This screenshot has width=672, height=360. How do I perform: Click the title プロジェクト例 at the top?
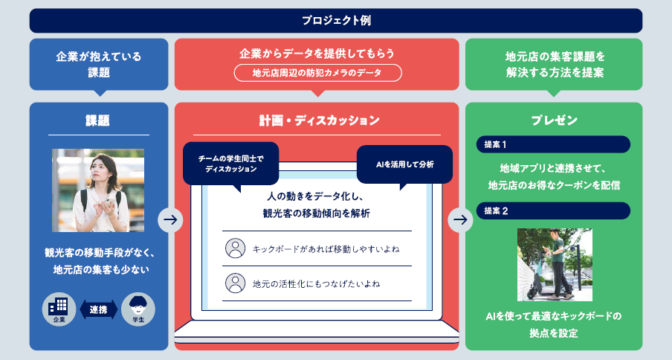(x=336, y=20)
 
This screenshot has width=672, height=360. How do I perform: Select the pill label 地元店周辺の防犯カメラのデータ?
(x=317, y=73)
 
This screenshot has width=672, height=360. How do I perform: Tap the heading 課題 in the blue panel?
(x=99, y=120)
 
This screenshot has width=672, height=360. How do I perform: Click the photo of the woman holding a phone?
(x=98, y=190)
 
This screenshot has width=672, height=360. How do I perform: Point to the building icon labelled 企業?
(x=60, y=309)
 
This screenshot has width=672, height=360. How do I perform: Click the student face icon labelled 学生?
(x=138, y=309)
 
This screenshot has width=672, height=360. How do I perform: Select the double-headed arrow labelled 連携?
(x=99, y=309)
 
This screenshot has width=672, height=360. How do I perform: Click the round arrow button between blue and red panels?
(x=170, y=219)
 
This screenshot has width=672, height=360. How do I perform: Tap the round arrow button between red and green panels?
(x=460, y=219)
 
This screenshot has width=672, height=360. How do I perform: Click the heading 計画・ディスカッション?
(x=317, y=120)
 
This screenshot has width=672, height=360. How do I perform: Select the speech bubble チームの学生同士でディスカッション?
(x=230, y=164)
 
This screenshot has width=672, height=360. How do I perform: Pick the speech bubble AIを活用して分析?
(x=404, y=164)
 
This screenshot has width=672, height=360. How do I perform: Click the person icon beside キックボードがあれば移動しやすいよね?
(x=235, y=248)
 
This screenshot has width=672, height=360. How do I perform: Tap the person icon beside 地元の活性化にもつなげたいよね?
(x=235, y=283)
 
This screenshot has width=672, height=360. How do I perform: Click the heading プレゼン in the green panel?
(x=554, y=120)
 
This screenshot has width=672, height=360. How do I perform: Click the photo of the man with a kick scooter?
(x=555, y=264)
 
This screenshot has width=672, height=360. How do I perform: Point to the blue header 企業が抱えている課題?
(x=99, y=64)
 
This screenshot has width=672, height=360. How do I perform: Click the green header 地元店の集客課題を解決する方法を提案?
(x=554, y=64)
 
